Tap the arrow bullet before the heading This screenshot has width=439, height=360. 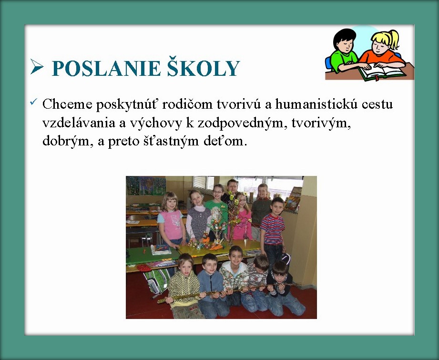(37, 67)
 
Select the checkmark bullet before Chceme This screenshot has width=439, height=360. (33, 102)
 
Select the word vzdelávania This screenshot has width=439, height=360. (79, 123)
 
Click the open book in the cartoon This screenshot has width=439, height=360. (382, 72)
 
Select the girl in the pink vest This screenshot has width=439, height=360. (171, 218)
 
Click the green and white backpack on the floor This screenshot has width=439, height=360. (156, 281)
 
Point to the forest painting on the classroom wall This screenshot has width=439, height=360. (146, 185)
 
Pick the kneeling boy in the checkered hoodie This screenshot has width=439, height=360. (184, 287)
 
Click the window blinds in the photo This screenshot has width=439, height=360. (204, 182)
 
